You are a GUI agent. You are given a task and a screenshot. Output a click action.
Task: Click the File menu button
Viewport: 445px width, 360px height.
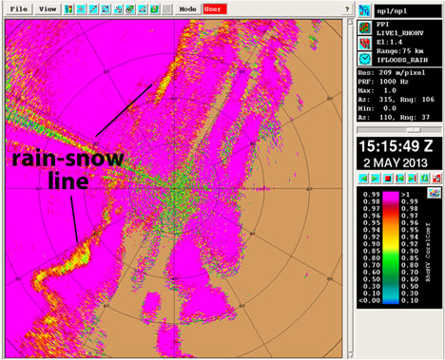pos(16,8)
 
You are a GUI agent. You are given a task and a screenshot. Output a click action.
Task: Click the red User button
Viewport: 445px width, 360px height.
pos(215,8)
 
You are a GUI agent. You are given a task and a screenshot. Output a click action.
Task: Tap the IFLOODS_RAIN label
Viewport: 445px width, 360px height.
pos(406,58)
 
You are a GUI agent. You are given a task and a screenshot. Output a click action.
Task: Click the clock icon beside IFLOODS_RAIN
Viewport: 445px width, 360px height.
pos(366,58)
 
